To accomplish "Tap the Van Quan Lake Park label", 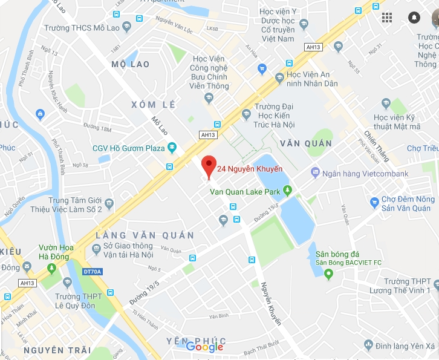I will click(x=244, y=192).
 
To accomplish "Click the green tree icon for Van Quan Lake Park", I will click(x=288, y=191).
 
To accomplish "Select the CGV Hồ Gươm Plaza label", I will click(x=128, y=148).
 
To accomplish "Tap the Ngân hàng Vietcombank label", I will click(x=365, y=174).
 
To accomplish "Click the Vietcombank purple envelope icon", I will click(x=315, y=174).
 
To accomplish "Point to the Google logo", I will click(x=204, y=347).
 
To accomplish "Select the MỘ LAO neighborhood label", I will click(x=131, y=64).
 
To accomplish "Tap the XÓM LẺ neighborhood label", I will click(x=154, y=105).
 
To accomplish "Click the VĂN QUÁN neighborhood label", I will click(x=306, y=143).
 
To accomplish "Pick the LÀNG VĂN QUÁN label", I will click(x=145, y=235).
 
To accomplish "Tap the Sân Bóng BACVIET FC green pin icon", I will click(x=329, y=275).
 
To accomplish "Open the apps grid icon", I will click(x=387, y=18).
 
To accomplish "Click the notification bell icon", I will click(x=414, y=18).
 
